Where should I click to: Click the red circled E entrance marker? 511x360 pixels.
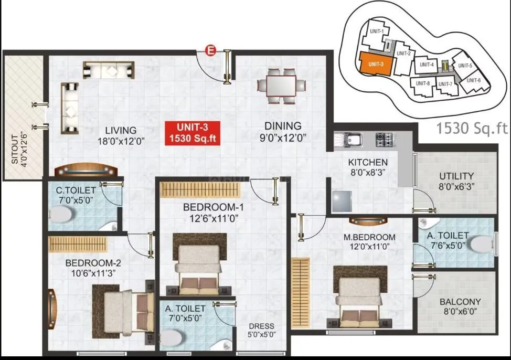pos(210,50)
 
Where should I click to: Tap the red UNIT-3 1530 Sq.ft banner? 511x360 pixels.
pos(192,133)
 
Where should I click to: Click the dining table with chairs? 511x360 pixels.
pos(283,85)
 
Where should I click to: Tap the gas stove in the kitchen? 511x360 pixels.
pos(385,140)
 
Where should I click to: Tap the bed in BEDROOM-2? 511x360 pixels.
pos(123,313)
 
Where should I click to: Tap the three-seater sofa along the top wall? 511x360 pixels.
pos(109,70)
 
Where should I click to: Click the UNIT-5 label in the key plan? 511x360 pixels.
pos(465,66)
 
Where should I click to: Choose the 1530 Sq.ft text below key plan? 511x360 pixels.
pos(472,129)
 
